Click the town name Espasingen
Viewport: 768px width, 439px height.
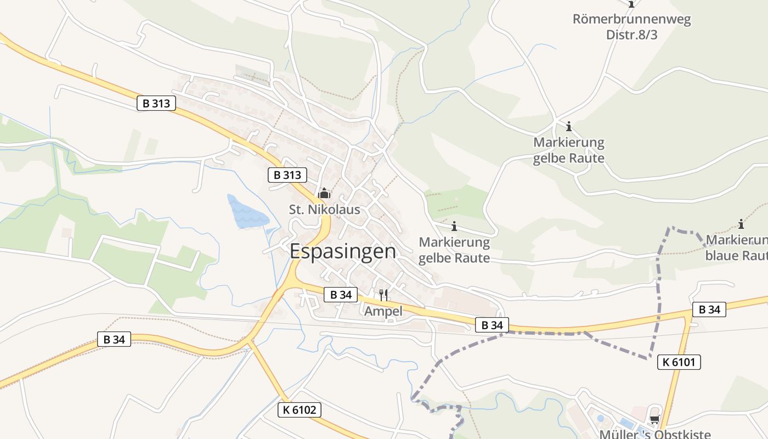point(342,251)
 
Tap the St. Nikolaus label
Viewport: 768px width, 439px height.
point(324,209)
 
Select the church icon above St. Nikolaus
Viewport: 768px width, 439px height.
point(324,193)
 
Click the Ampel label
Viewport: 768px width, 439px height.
point(383,311)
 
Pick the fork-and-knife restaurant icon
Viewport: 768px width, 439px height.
point(383,295)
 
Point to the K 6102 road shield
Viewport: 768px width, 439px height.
point(299,410)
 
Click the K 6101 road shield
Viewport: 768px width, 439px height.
point(679,362)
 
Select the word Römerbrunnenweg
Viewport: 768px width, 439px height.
point(631,20)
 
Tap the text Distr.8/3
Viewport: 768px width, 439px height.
point(631,35)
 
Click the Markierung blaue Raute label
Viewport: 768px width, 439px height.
point(737,248)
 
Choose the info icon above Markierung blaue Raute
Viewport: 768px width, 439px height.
point(741,224)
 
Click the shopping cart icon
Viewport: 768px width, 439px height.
point(654,420)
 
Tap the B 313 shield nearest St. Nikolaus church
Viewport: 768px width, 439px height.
point(287,175)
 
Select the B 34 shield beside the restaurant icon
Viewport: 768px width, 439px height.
point(341,295)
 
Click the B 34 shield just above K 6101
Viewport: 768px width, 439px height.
point(709,309)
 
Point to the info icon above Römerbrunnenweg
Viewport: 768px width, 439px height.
point(631,4)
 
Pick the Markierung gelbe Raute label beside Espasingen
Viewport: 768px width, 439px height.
point(454,250)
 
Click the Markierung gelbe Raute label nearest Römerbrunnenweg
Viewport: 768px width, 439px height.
point(569,150)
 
